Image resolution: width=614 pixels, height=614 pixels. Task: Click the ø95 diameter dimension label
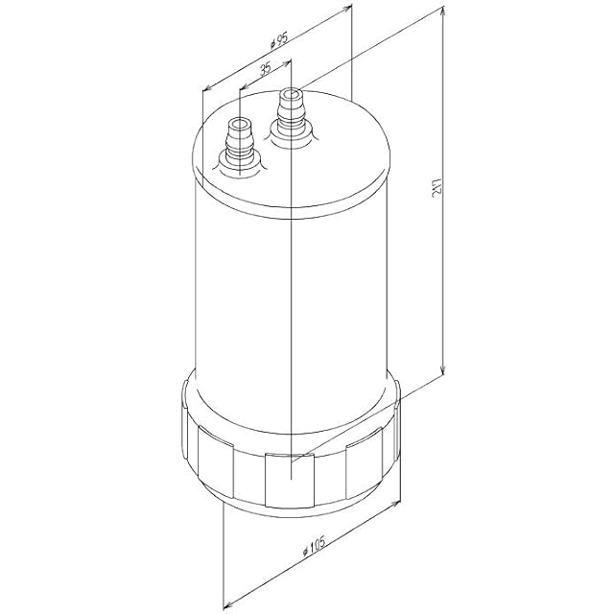pyautogui.click(x=279, y=40)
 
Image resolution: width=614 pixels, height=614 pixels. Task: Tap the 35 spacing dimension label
pyautogui.click(x=265, y=69)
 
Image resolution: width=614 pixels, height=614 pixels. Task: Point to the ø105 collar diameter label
pyautogui.click(x=314, y=546)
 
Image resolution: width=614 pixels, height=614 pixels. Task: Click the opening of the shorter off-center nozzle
pyautogui.click(x=240, y=125)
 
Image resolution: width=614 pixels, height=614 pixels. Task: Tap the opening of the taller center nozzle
pyautogui.click(x=290, y=95)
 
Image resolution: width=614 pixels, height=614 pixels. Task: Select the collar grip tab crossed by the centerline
pyautogui.click(x=290, y=480)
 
